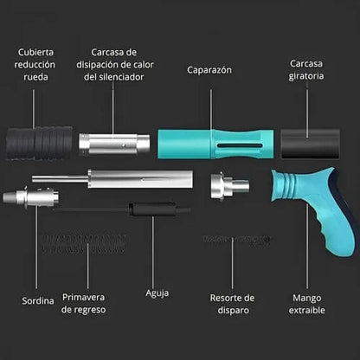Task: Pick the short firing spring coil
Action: point(231,239)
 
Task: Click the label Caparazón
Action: point(210,69)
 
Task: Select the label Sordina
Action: point(38,300)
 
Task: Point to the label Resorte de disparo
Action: point(232,305)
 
